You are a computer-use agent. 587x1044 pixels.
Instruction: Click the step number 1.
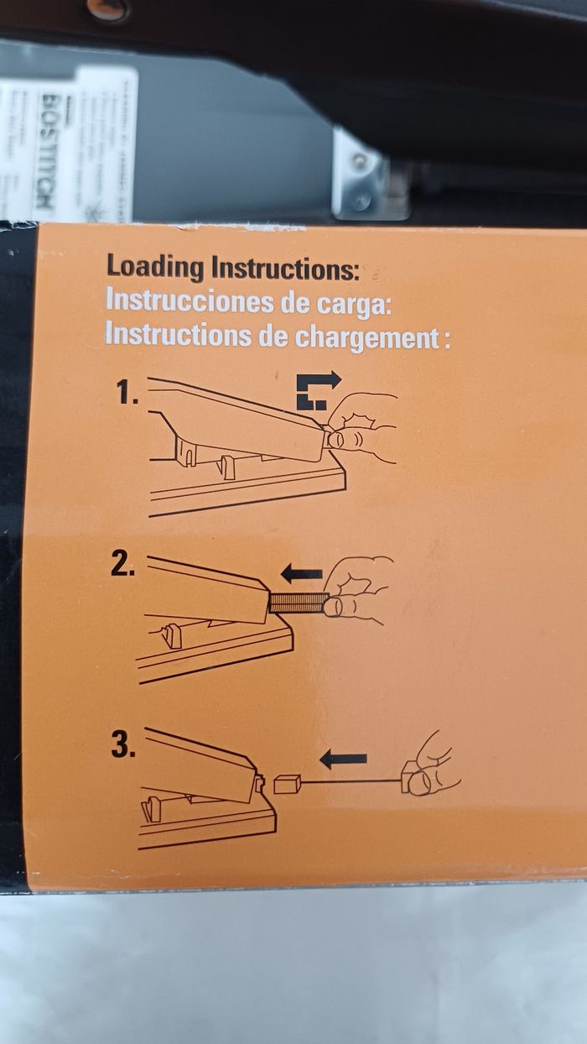[x=127, y=394]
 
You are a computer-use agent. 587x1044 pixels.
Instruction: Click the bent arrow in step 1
[x=319, y=390]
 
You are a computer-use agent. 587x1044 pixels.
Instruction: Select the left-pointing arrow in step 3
[x=343, y=760]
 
